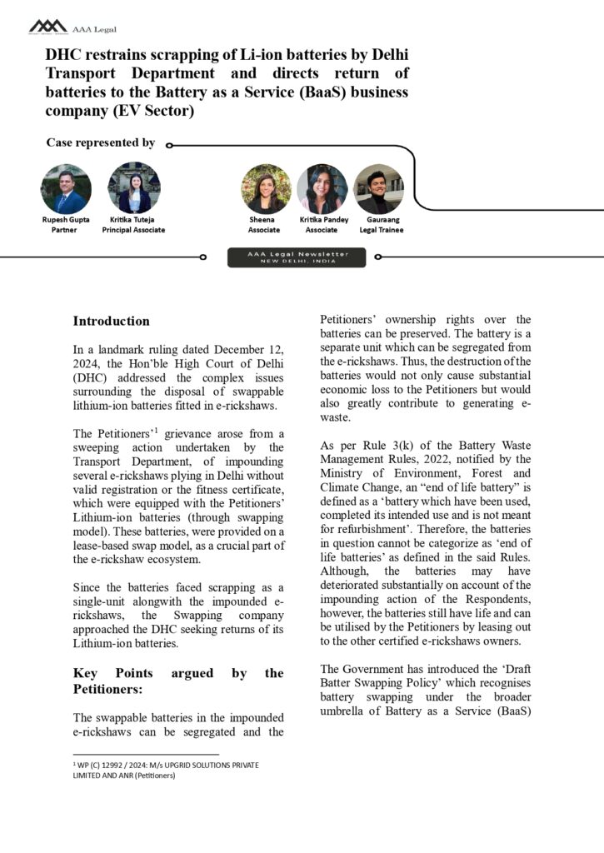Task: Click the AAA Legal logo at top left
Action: point(48,27)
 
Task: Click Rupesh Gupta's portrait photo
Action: point(65,188)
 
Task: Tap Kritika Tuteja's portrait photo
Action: point(133,188)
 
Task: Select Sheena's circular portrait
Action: point(266,189)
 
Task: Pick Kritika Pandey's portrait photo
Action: point(322,189)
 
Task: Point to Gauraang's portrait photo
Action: point(379,189)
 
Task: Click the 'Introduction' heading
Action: point(112,321)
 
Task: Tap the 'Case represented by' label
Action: point(100,142)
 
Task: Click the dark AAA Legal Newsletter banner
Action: point(297,257)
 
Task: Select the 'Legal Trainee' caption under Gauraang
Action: point(381,230)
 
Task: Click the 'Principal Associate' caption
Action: point(133,230)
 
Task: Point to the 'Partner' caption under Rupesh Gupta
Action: point(65,230)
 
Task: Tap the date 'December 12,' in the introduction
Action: point(253,348)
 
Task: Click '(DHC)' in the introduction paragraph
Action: point(92,377)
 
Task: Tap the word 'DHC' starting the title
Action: point(64,54)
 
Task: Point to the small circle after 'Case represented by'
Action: point(169,144)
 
